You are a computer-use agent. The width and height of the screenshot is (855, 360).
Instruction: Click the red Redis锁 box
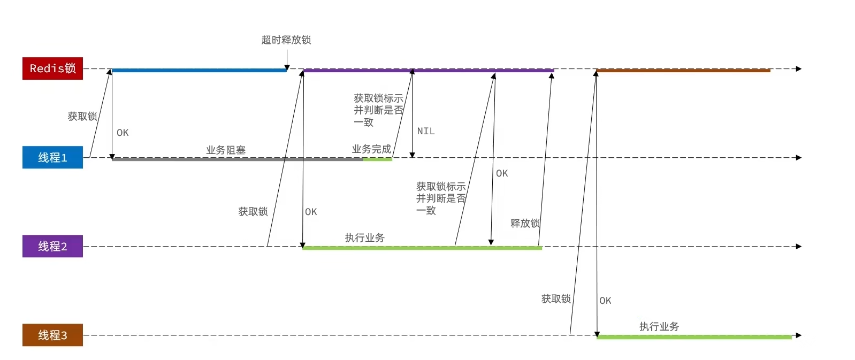click(52, 68)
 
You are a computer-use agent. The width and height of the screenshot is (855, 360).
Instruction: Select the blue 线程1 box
click(52, 157)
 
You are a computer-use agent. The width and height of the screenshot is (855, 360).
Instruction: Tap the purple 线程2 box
click(52, 246)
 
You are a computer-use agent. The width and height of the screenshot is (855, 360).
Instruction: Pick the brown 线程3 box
click(52, 335)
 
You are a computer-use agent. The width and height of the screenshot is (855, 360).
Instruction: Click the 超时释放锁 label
click(286, 40)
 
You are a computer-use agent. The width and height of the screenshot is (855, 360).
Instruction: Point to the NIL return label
click(426, 131)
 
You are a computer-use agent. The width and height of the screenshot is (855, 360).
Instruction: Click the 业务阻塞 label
click(226, 150)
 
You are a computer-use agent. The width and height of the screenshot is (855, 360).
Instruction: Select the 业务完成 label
click(371, 149)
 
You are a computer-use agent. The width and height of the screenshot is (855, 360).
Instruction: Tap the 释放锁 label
click(525, 223)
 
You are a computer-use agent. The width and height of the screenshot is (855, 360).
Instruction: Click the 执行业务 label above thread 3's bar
click(659, 326)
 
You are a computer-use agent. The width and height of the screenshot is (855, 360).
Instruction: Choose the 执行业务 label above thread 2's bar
click(364, 238)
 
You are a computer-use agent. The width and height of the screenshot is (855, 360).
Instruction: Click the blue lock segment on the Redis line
click(198, 70)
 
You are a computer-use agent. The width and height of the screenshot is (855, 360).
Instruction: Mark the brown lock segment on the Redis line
click(683, 70)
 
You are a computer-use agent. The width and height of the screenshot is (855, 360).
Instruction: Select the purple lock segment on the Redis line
click(428, 70)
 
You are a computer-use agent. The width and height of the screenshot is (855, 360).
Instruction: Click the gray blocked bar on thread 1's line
click(235, 159)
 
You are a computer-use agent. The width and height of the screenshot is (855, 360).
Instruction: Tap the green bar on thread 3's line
click(694, 337)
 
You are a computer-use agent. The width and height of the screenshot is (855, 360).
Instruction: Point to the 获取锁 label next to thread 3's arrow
click(556, 299)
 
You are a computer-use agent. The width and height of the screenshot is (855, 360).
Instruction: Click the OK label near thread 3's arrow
click(605, 301)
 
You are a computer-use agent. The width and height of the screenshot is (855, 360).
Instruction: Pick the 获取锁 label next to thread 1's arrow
click(82, 117)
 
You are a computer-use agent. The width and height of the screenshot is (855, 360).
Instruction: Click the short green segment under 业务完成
click(378, 159)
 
